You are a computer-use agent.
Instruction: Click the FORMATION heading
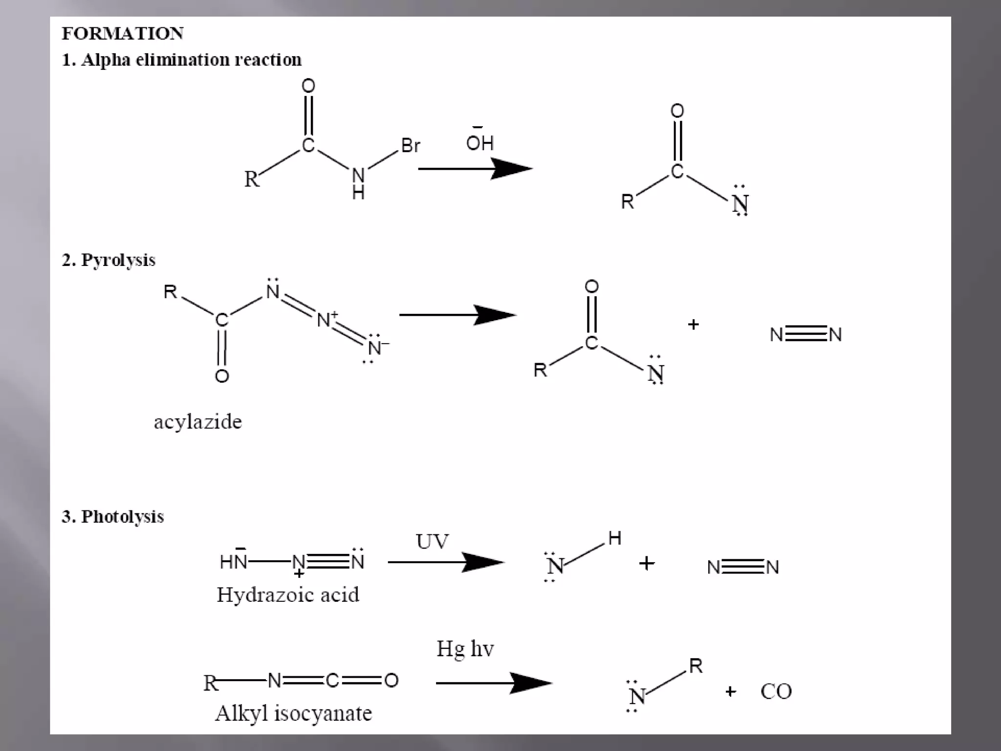[x=122, y=34]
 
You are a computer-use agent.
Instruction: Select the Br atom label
[x=411, y=145]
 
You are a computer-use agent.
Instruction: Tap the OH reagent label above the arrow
[x=479, y=143]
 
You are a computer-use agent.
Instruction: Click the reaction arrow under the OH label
[x=474, y=169]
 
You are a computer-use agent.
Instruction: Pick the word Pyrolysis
[x=118, y=260]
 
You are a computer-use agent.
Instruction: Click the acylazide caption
[x=197, y=421]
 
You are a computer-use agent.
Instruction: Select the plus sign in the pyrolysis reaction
[x=693, y=325]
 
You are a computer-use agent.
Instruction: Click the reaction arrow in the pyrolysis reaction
[x=457, y=315]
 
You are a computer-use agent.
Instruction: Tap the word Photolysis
[x=122, y=516]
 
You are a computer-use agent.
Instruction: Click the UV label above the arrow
[x=432, y=541]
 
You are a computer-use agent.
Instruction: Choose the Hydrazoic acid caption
[x=287, y=595]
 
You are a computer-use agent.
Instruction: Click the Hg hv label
[x=465, y=649]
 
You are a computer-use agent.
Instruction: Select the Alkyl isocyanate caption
[x=293, y=713]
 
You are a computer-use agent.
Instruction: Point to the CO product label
[x=776, y=691]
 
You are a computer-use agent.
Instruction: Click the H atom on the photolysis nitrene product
[x=614, y=538]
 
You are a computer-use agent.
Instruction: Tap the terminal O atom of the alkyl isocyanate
[x=392, y=680]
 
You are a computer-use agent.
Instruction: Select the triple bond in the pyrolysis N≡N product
[x=806, y=334]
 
